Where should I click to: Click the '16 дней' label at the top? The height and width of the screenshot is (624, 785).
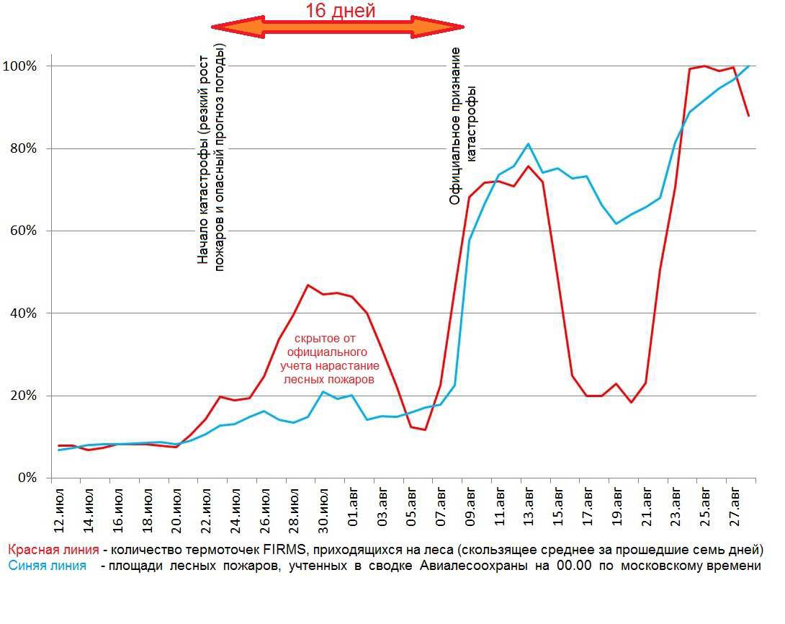[x=340, y=11]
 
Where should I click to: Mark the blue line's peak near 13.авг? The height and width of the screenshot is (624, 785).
[x=528, y=144]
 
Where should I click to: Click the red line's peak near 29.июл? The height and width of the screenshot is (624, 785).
[x=308, y=285]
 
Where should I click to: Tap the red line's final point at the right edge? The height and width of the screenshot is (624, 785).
[x=749, y=115]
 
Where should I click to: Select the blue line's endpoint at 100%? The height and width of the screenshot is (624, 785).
[x=749, y=66]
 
